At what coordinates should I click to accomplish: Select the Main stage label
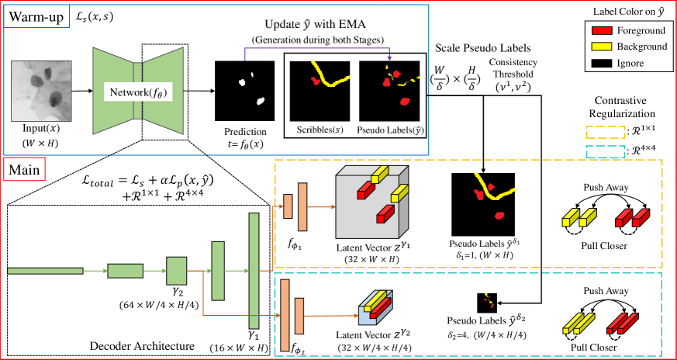26,168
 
